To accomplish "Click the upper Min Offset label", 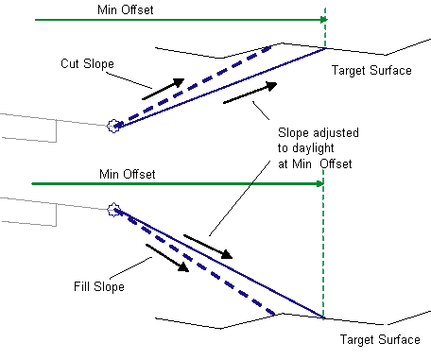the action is (126, 9).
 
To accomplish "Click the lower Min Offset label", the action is (128, 174).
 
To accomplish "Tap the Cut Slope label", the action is (87, 63).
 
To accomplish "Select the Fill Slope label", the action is (99, 286).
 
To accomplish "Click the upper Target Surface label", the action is (371, 70).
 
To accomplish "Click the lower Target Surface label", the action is (380, 339).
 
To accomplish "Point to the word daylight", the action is (313, 148).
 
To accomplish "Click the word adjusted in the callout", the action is (336, 133).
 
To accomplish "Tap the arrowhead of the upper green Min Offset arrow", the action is (324, 20).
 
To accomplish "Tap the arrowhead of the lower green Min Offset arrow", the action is (320, 183).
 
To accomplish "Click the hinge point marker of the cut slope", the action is (113, 126).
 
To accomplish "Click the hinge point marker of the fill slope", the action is (113, 210).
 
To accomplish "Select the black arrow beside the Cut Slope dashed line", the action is (164, 89).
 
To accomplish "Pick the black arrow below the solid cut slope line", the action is (250, 93).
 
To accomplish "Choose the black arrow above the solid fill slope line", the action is (208, 247).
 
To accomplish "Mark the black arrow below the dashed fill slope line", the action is (167, 258).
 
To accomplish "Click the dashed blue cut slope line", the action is (193, 87).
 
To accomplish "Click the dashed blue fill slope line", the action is (195, 262).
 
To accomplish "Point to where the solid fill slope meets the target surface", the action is (323, 317).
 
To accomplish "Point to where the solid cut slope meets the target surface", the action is (325, 48).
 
